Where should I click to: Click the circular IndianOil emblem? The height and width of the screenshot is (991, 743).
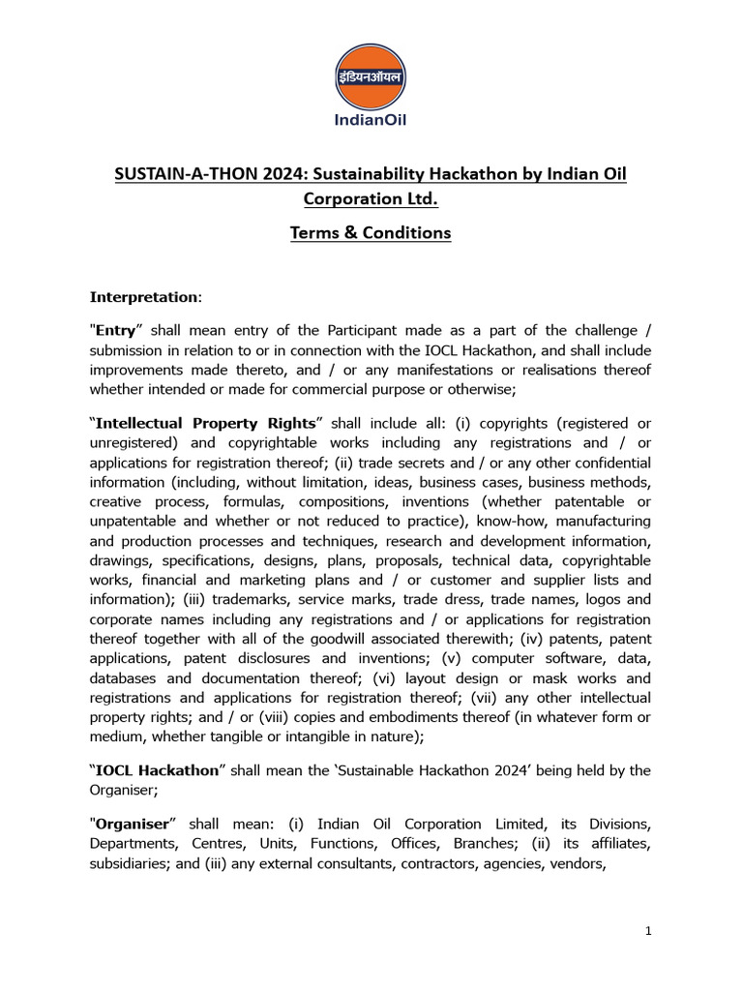(371, 76)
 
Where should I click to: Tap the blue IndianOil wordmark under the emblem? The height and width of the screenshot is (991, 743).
(371, 121)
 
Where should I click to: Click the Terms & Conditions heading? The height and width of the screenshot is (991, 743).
(371, 233)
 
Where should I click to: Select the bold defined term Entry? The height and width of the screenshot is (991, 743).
(116, 331)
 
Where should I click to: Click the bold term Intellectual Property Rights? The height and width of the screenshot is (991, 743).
(206, 424)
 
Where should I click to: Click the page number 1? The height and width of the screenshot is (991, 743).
(649, 931)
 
